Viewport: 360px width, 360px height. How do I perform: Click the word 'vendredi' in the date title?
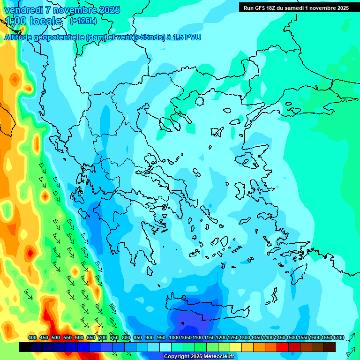pyautogui.click(x=23, y=10)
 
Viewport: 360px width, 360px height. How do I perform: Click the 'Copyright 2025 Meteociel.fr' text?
pyautogui.click(x=199, y=357)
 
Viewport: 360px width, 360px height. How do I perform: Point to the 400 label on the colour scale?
pyautogui.click(x=32, y=337)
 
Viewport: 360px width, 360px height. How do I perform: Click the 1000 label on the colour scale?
pyautogui.click(x=174, y=337)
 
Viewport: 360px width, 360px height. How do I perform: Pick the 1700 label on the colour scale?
pyautogui.click(x=326, y=337)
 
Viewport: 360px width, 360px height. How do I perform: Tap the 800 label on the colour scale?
pyautogui.click(x=126, y=337)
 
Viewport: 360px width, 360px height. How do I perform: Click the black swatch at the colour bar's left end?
pyautogui.click(x=25, y=347)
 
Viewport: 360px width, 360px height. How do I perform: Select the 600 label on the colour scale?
pyautogui.click(x=79, y=337)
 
